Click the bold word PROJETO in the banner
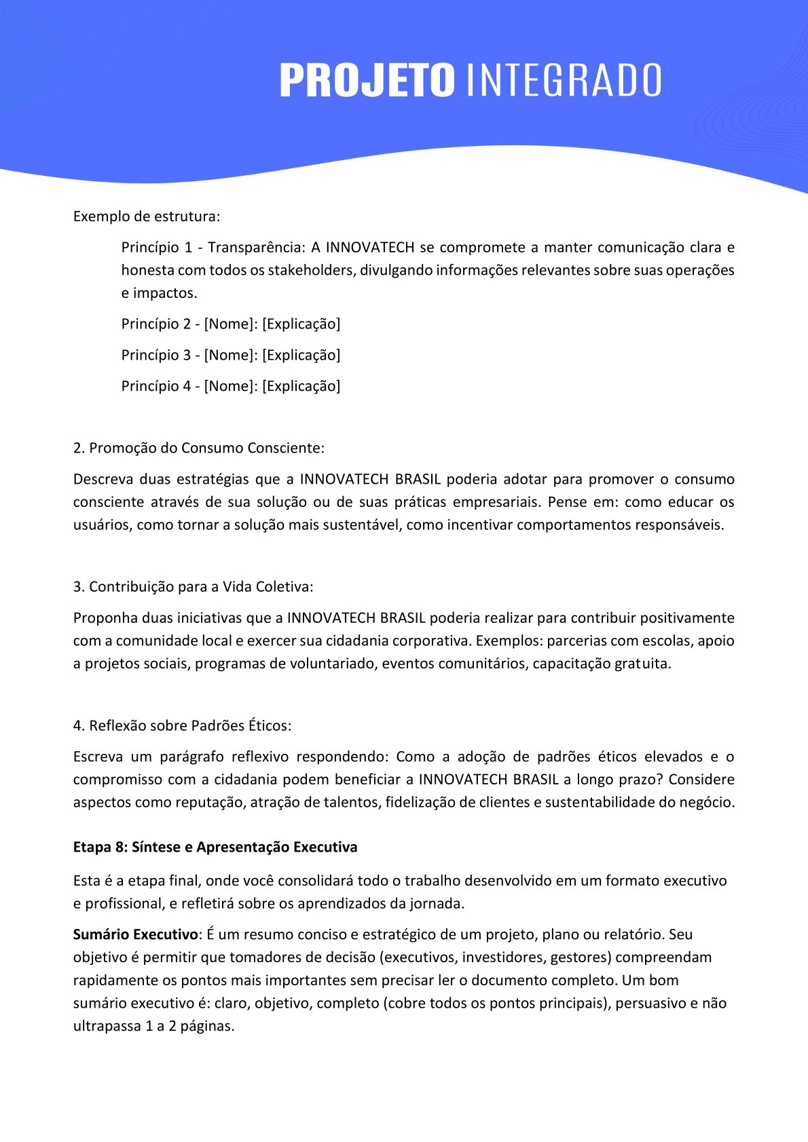[x=367, y=80]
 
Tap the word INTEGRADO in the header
[x=564, y=80]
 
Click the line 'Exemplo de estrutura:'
[x=147, y=216]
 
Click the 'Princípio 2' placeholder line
[x=231, y=324]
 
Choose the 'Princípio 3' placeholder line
[x=231, y=355]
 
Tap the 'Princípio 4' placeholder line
[x=231, y=386]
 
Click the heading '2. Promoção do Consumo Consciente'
[x=199, y=448]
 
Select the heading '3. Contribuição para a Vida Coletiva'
[x=194, y=587]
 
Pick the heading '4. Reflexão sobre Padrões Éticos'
[x=183, y=725]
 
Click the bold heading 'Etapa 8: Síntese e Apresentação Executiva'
[x=215, y=847]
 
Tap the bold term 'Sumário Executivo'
[x=135, y=934]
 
